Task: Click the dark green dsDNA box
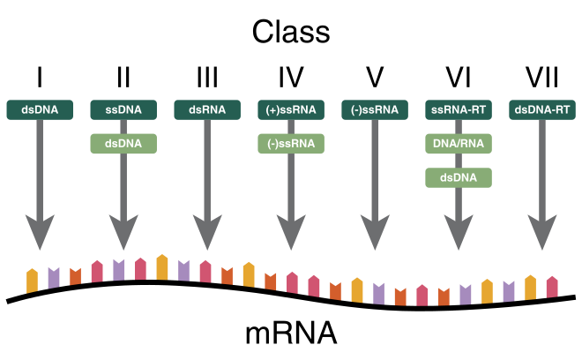coord(40,110)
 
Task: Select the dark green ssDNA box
coord(123,110)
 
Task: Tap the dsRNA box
coord(207,110)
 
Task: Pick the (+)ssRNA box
coord(291,110)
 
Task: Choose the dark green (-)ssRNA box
coord(375,110)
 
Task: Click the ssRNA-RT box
coord(459,110)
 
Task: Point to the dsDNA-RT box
coord(542,110)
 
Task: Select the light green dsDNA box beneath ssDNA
coord(123,144)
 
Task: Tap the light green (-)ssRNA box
coord(291,144)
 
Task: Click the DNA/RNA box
coord(459,144)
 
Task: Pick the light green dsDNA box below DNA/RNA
coord(459,178)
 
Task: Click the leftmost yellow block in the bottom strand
coord(33,281)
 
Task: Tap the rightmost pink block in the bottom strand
coord(552,287)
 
